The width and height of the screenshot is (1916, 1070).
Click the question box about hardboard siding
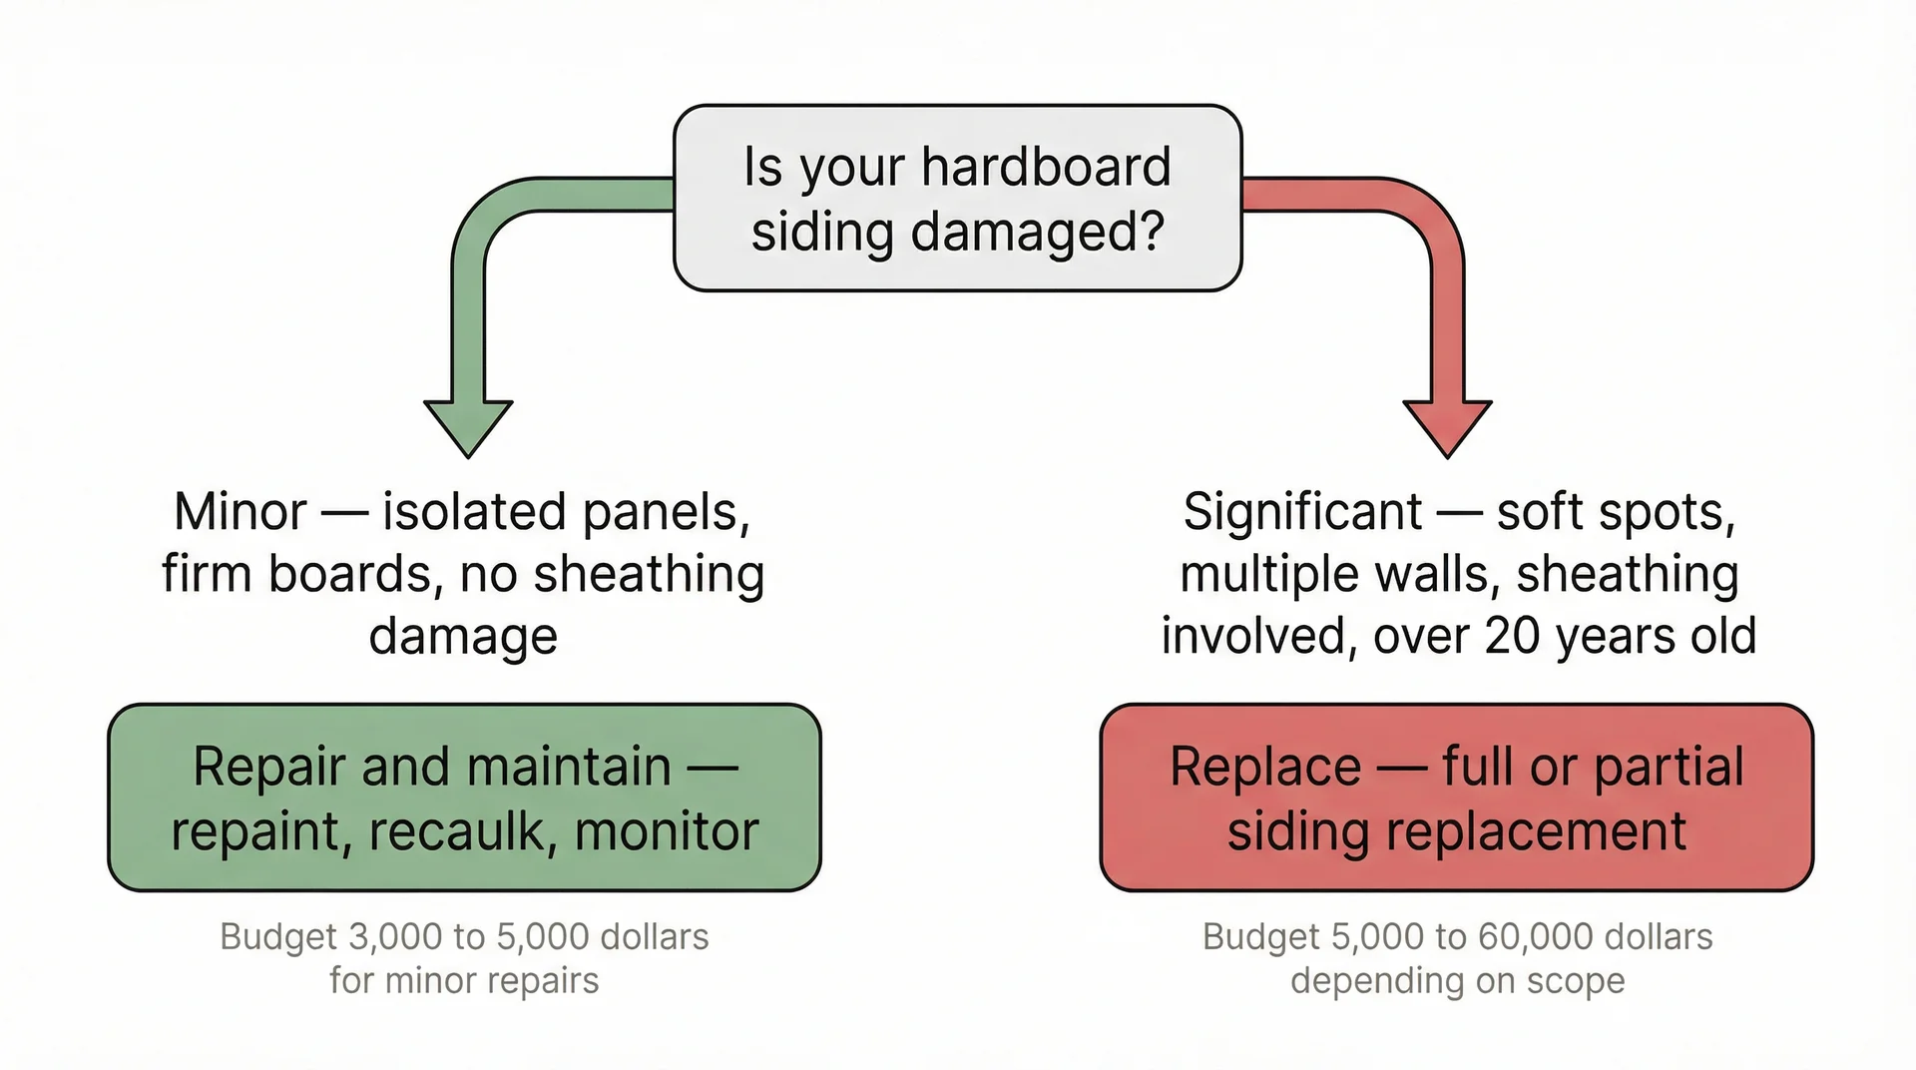tap(957, 198)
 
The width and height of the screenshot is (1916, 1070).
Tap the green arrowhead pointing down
tap(468, 423)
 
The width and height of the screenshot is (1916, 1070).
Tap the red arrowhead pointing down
tap(1447, 423)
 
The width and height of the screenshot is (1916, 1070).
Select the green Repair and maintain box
tap(464, 798)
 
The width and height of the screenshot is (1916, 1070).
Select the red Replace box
tap(1456, 798)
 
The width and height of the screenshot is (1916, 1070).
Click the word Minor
tap(239, 512)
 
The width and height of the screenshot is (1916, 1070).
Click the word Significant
tap(1301, 512)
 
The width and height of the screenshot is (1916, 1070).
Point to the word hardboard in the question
tap(1046, 167)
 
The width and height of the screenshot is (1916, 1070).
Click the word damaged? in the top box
tap(1037, 233)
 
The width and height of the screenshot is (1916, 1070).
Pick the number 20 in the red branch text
tap(1513, 636)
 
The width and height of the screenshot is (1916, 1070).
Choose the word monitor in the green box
tap(667, 831)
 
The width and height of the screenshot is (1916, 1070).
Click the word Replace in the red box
tap(1265, 767)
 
